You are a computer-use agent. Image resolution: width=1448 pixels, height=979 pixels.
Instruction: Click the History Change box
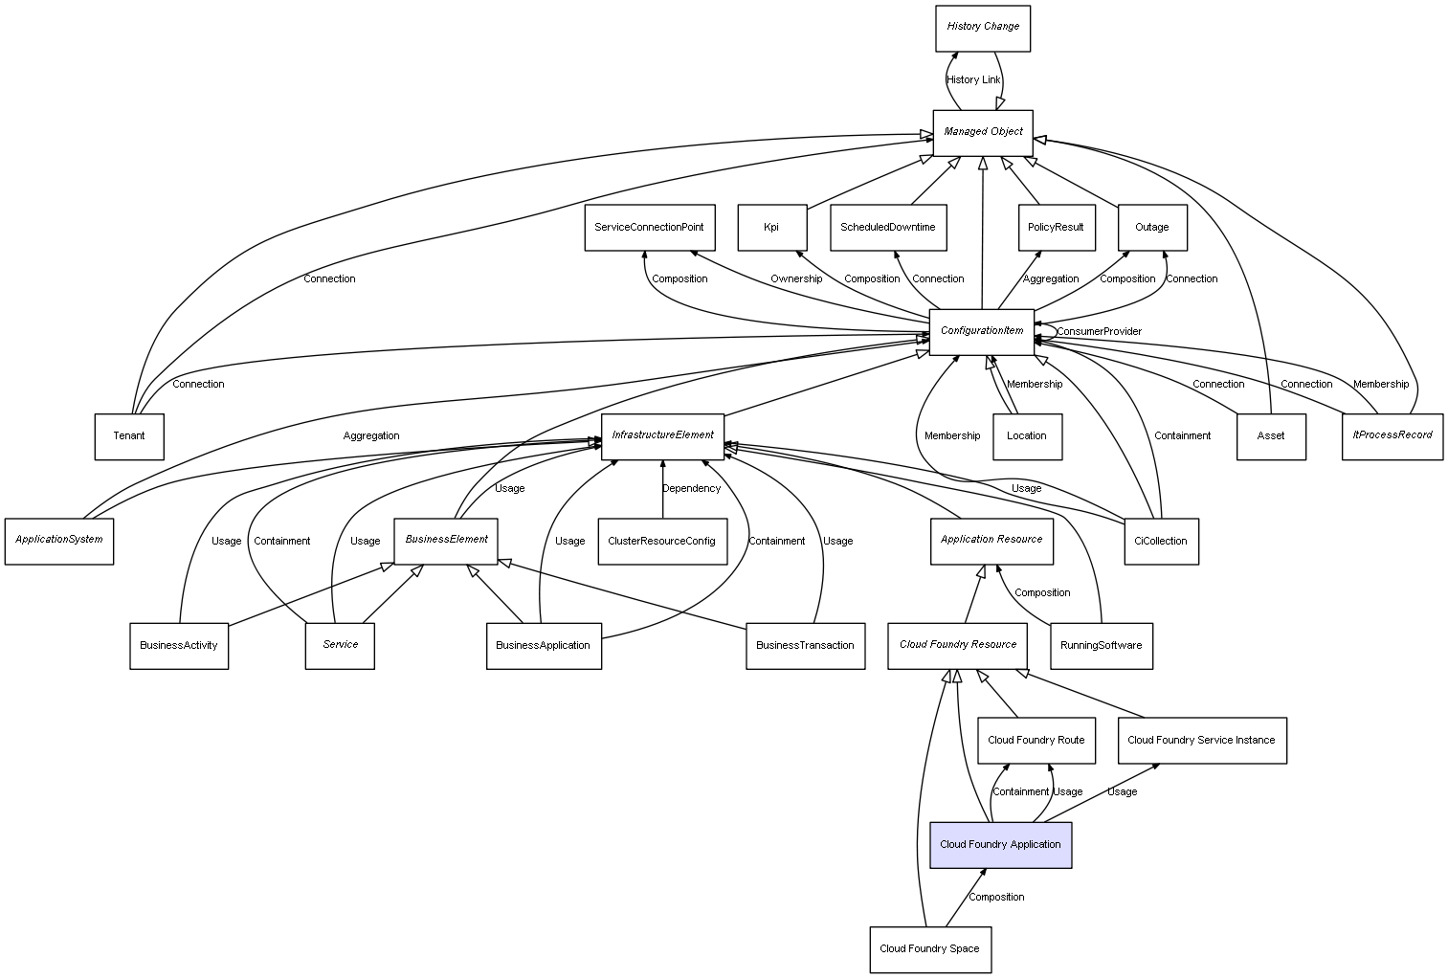click(x=983, y=28)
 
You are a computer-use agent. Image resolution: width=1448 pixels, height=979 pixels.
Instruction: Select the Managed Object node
click(x=983, y=132)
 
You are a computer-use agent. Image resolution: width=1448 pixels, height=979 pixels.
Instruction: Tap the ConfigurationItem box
click(x=982, y=331)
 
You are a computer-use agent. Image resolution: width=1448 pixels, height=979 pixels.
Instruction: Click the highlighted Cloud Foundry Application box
click(x=1000, y=845)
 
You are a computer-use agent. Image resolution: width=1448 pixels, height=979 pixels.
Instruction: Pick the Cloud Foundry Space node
click(x=929, y=949)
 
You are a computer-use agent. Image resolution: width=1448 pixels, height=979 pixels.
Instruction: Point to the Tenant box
click(x=129, y=436)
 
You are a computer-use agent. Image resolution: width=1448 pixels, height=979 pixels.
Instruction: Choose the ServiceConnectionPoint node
click(x=649, y=228)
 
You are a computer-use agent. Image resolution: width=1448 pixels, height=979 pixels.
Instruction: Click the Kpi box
click(x=771, y=228)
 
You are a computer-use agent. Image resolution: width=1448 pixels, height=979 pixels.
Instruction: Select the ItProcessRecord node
click(x=1392, y=435)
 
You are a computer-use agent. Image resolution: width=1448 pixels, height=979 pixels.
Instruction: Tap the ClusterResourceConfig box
click(x=661, y=542)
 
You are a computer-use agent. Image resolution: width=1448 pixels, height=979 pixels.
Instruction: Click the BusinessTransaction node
click(x=805, y=645)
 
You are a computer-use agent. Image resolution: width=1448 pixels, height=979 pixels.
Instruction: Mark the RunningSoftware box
click(x=1101, y=645)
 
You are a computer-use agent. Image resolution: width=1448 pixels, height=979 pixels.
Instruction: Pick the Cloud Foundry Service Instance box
click(x=1201, y=740)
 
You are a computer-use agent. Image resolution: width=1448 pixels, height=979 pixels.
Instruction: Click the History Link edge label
click(x=973, y=80)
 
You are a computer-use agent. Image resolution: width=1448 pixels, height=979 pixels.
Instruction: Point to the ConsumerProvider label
click(x=1099, y=332)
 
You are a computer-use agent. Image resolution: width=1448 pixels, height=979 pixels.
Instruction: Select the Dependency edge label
click(x=691, y=489)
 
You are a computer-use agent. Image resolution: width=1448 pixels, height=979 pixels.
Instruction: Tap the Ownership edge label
click(x=796, y=279)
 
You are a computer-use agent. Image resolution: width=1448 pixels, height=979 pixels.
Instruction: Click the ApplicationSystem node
click(x=59, y=540)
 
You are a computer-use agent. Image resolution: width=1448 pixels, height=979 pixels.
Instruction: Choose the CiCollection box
click(x=1160, y=542)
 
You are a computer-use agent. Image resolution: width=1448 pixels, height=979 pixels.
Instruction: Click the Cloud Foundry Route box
click(x=1036, y=740)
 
